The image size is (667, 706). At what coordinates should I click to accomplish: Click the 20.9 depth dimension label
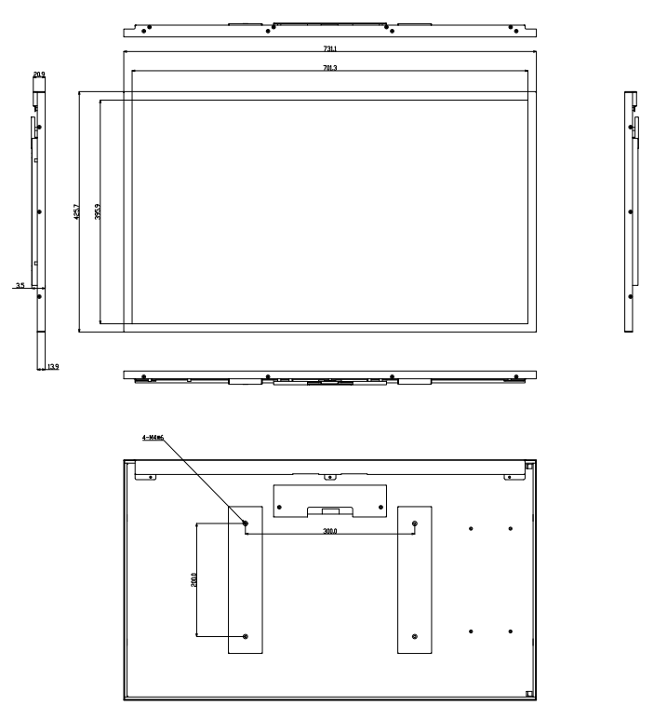tap(38, 74)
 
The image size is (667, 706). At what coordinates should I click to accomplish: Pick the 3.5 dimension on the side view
tap(20, 286)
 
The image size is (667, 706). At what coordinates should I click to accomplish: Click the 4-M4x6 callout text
tap(153, 436)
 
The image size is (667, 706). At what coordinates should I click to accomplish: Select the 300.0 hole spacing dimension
tap(330, 531)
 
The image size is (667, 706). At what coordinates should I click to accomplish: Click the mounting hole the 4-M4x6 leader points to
tap(246, 523)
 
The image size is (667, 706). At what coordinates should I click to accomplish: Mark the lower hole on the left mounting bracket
tap(246, 636)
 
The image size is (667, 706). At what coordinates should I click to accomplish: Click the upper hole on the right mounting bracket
tap(415, 523)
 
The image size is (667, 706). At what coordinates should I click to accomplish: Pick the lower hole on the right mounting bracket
tap(415, 636)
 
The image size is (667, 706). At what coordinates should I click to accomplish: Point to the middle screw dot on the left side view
tap(39, 212)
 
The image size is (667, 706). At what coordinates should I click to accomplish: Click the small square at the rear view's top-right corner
tap(528, 466)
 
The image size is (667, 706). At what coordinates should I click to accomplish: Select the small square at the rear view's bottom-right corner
tap(528, 693)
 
